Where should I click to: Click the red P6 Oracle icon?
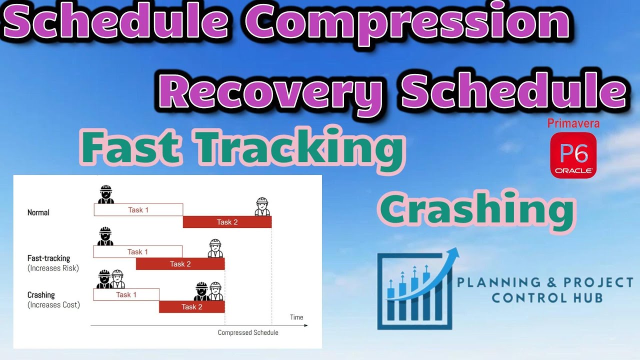point(573,155)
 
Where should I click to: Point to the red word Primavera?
point(573,123)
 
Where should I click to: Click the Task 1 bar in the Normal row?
point(138,210)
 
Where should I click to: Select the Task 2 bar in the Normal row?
point(227,222)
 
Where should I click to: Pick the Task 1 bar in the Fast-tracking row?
point(137,252)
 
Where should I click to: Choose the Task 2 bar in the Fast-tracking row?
point(180,264)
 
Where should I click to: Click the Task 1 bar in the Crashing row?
point(126,294)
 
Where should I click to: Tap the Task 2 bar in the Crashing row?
point(191,307)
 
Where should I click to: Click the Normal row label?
point(38,212)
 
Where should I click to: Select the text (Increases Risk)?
point(53,268)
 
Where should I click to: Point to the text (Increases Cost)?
point(53,304)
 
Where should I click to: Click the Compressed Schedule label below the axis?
point(248,332)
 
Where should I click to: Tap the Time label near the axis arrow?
point(296,317)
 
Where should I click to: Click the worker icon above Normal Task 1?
point(105,194)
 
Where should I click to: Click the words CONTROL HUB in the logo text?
point(546,298)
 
